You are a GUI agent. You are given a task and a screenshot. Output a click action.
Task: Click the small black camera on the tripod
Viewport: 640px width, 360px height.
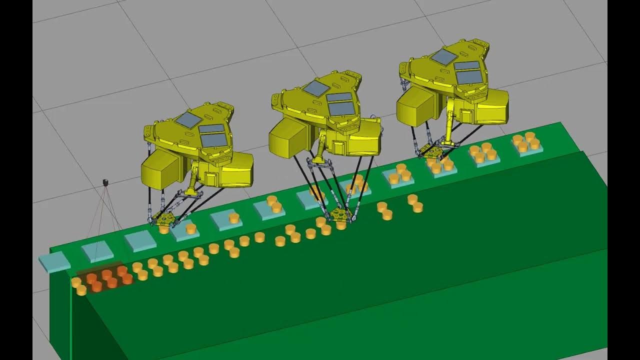[105, 182]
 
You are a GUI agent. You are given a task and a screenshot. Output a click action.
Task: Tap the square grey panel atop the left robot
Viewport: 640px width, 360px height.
[188, 119]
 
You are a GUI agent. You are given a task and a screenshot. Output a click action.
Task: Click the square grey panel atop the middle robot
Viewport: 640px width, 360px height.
[316, 88]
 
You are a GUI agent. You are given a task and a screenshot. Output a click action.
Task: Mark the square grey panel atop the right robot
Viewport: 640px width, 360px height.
[443, 57]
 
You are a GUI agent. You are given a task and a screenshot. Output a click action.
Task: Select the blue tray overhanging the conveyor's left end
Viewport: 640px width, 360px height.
[53, 261]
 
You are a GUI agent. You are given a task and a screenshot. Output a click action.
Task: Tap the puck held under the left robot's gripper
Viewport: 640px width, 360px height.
[164, 229]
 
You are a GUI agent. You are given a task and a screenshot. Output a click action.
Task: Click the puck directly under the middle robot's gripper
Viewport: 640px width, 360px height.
[341, 225]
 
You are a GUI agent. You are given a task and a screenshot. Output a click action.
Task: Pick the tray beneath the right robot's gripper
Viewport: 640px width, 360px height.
[440, 167]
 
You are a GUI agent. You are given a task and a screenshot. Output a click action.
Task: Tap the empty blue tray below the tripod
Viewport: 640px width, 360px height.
[97, 251]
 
